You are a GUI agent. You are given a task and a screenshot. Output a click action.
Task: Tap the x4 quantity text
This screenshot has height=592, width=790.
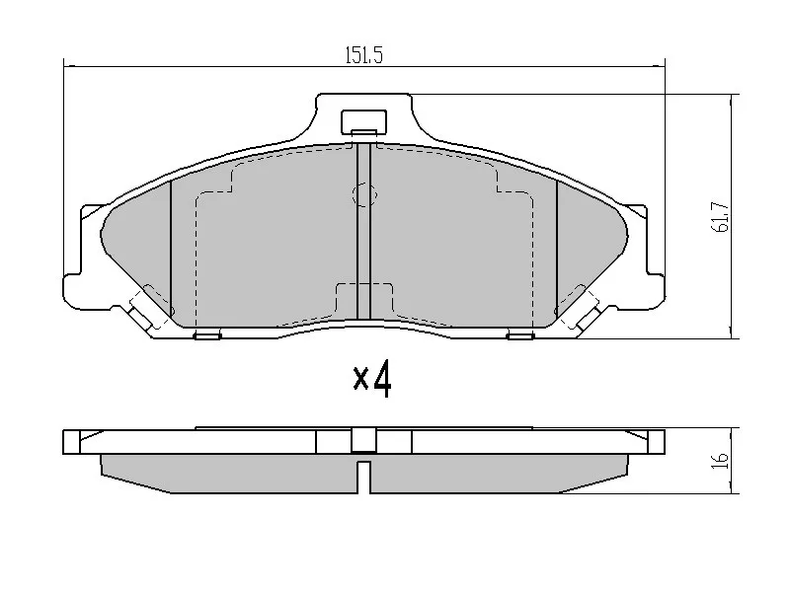(x=373, y=378)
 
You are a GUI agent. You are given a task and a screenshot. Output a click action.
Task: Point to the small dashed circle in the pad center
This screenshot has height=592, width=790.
(x=364, y=196)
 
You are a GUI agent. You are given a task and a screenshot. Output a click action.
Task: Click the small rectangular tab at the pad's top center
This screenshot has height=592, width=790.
(x=363, y=121)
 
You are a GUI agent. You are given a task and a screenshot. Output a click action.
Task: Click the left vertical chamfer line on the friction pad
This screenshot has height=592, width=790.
(x=172, y=247)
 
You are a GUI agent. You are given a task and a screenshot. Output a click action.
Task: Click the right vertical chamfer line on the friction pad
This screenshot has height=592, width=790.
(x=557, y=247)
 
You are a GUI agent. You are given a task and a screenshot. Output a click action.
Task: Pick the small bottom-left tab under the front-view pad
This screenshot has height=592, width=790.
(x=207, y=335)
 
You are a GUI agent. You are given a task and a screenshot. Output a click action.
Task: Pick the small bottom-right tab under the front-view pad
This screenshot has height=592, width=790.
(x=520, y=335)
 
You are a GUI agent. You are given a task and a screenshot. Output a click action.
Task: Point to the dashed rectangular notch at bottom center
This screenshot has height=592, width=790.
(x=364, y=298)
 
